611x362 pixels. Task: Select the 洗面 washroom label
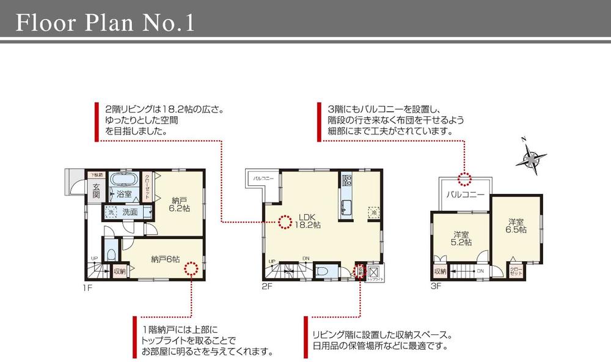(130, 212)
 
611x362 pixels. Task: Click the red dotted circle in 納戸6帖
(191, 268)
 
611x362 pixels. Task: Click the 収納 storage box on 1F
(119, 271)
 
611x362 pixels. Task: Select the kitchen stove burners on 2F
(347, 180)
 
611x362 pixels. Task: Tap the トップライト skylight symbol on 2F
(375, 271)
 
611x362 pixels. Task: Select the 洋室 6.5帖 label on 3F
(516, 224)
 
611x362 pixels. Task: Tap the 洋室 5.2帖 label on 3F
(461, 238)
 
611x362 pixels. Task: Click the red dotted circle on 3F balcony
(465, 179)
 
